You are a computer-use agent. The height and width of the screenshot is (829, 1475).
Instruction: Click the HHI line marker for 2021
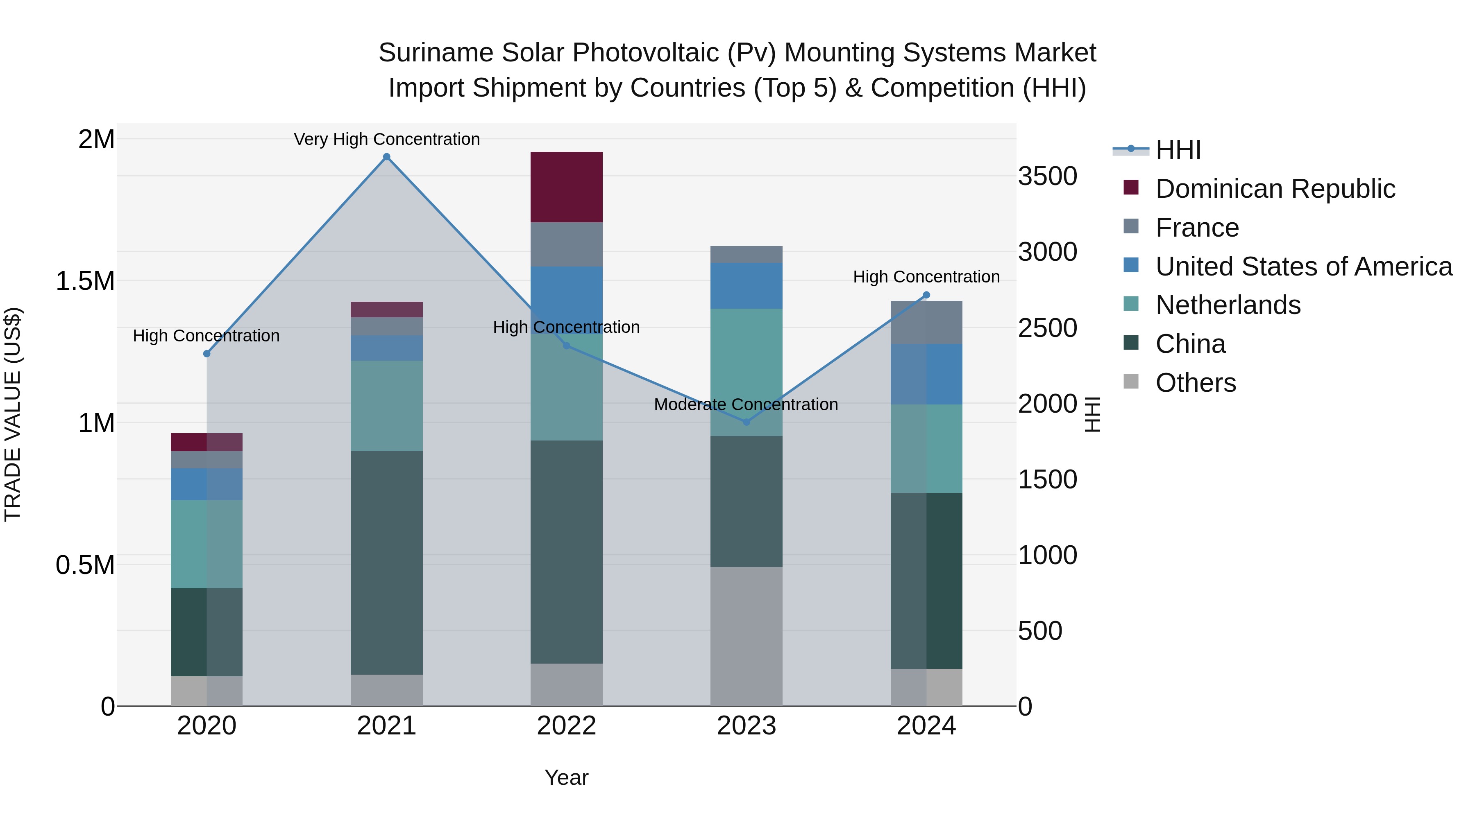386,157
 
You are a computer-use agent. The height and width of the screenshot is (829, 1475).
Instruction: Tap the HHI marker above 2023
746,422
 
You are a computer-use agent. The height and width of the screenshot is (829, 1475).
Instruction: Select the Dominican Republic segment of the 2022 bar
566,187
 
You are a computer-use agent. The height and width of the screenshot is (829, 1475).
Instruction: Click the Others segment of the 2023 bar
746,636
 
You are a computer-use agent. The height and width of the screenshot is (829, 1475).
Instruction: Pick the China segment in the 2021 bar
386,562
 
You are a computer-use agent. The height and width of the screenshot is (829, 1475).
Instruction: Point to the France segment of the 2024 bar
926,322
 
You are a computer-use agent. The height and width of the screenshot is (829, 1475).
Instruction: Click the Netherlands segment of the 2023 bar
746,372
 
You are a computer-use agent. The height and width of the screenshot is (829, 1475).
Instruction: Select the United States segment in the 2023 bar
746,285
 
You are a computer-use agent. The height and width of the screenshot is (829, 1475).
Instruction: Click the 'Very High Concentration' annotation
386,139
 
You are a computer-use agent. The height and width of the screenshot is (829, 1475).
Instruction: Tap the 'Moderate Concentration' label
746,404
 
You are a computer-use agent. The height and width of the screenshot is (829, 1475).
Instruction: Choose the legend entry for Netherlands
1228,305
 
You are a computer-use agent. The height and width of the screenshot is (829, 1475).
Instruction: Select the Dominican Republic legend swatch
1131,187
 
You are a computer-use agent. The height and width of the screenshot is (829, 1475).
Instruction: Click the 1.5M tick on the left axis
85,281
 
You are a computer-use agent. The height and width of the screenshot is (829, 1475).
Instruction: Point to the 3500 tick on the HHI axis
1047,176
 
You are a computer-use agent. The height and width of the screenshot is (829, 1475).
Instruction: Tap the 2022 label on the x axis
566,726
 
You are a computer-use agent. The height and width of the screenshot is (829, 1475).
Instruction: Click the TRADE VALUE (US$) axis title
13,414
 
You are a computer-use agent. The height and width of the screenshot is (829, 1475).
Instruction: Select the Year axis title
566,777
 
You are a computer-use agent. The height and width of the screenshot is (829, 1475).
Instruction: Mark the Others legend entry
1195,383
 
